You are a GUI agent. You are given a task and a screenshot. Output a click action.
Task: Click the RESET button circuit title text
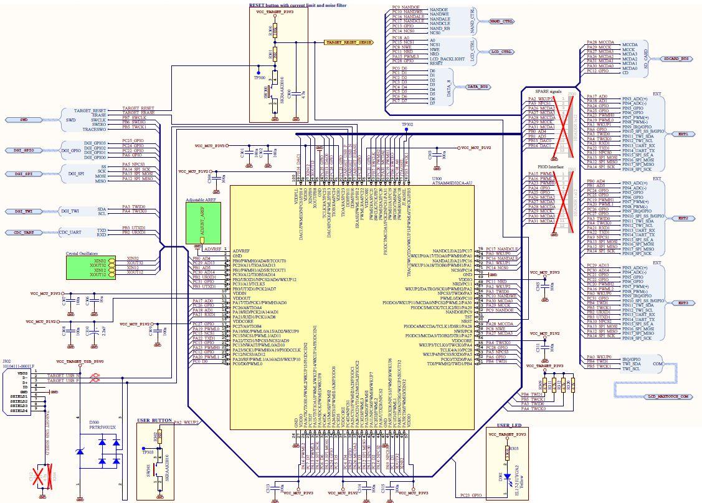click(x=298, y=4)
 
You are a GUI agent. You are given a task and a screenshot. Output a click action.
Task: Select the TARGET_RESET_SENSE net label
click(x=349, y=43)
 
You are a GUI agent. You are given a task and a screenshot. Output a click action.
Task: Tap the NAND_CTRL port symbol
click(x=502, y=21)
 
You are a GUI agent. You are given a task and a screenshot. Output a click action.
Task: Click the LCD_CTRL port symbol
click(x=501, y=52)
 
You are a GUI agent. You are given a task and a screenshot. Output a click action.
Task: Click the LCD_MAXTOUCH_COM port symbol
click(x=667, y=396)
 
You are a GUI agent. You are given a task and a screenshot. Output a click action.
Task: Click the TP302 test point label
click(x=407, y=125)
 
